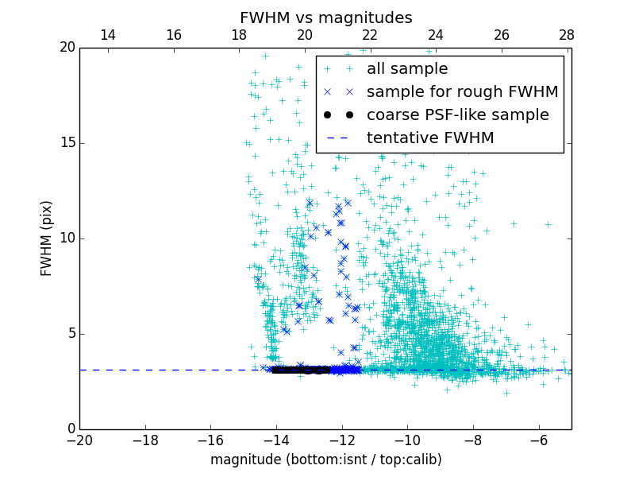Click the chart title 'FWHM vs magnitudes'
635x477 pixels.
tap(325, 17)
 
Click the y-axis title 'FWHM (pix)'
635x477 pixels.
tap(47, 238)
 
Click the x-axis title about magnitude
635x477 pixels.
tap(325, 460)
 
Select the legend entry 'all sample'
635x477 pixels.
tap(406, 69)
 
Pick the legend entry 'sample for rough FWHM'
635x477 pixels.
tap(462, 92)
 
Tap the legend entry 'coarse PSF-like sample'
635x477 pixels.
tap(457, 115)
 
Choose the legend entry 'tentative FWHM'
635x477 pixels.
tap(429, 138)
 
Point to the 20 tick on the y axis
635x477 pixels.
tap(67, 48)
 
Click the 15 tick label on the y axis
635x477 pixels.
tap(67, 143)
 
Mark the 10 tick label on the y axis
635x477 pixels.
tap(67, 238)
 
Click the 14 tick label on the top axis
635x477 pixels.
tap(108, 35)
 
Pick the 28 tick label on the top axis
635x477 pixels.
tap(567, 35)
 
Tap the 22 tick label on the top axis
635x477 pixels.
tap(370, 35)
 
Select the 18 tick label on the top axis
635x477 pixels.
tap(239, 35)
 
